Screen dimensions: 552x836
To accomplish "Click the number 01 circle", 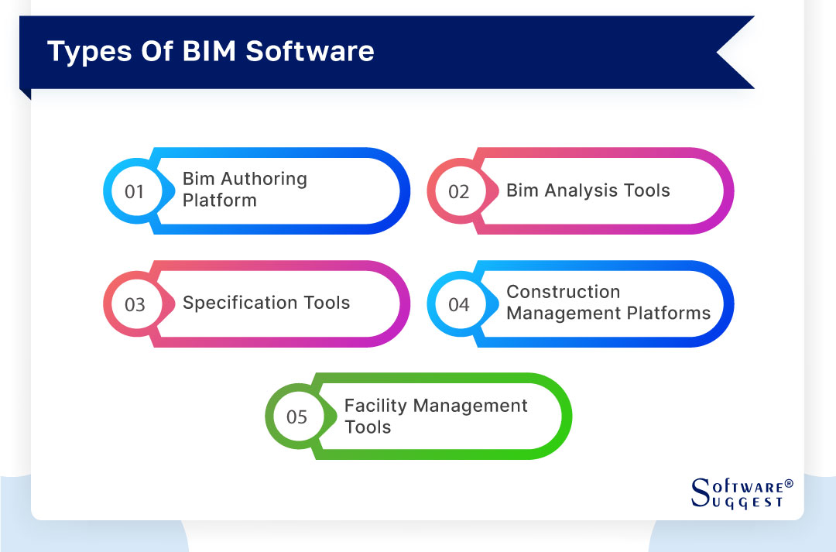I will pos(135,191).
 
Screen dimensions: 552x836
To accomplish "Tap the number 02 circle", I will pos(459,191).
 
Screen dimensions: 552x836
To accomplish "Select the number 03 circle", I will pos(135,304).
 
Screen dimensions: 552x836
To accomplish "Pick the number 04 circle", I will pos(459,304).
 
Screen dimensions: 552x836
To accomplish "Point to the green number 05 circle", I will pos(297,417).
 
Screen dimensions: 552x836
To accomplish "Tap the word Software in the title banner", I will pos(310,51).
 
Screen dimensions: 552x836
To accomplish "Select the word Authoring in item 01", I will pos(263,179).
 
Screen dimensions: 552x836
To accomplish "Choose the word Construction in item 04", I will pos(563,292).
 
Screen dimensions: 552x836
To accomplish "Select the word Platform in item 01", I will pos(219,200).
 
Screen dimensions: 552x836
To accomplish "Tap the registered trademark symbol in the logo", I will pos(789,484).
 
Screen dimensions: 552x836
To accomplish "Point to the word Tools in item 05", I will pos(368,427).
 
